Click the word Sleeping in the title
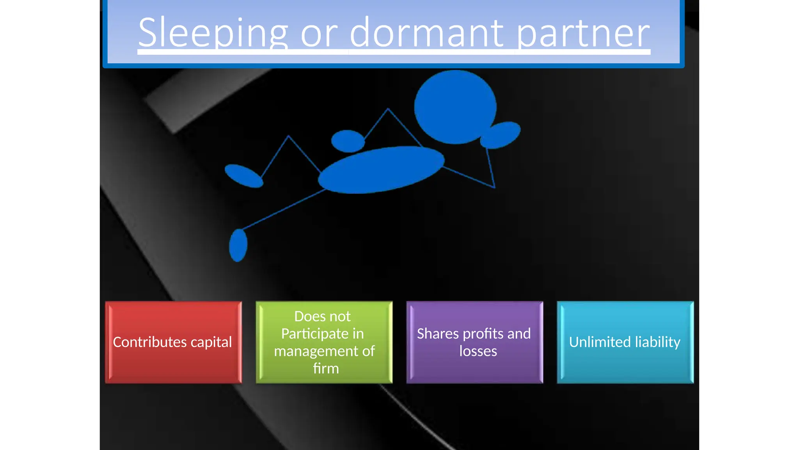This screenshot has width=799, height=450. (x=213, y=33)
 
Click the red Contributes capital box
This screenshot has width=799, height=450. (x=173, y=342)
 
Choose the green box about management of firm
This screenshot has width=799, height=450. (x=324, y=342)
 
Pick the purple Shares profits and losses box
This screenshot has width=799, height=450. (x=474, y=342)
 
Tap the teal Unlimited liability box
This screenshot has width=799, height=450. (x=625, y=342)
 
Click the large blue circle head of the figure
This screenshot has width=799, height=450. (x=455, y=107)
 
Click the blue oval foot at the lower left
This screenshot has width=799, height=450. (x=238, y=245)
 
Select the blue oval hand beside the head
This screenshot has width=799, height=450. (x=501, y=135)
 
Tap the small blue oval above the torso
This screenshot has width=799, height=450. (x=348, y=141)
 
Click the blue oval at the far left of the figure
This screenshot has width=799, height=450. (x=244, y=176)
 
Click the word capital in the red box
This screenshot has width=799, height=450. (x=211, y=343)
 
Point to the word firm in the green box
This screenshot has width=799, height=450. (x=326, y=368)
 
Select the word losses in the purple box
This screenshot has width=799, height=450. (x=478, y=351)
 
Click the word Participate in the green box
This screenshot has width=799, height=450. (x=315, y=334)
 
